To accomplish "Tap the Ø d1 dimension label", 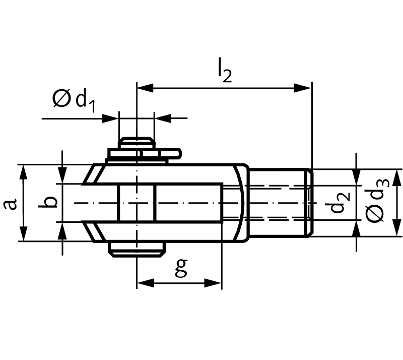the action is (74, 101).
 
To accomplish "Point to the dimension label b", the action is (47, 202).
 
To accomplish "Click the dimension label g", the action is (181, 268).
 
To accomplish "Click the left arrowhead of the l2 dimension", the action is (145, 88).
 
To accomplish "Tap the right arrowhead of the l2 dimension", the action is (303, 88).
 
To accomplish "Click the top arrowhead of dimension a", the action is (23, 172).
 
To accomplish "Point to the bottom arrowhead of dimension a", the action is (23, 233).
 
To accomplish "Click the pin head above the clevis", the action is (137, 143).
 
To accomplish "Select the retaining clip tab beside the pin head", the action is (171, 154).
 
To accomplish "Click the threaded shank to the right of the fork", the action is (279, 203).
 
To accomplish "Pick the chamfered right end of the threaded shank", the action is (310, 203).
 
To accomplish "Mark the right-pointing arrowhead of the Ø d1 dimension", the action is (110, 118).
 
